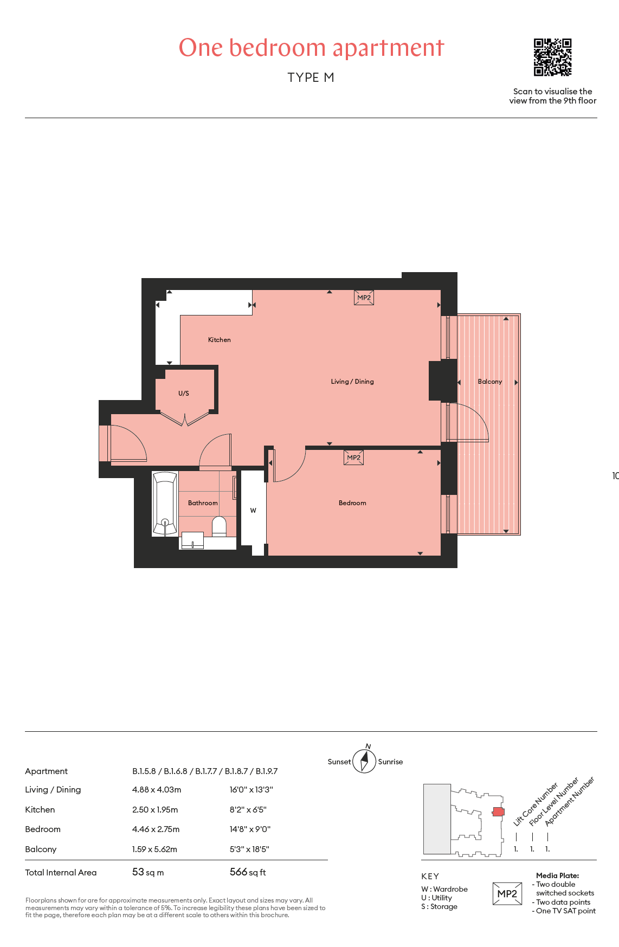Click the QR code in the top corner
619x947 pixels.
click(552, 57)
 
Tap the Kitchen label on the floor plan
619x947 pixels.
click(220, 340)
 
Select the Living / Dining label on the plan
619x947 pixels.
click(352, 382)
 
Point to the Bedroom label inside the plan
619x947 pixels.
click(352, 503)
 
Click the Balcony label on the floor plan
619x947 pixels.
click(490, 382)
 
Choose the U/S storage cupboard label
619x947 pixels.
click(184, 394)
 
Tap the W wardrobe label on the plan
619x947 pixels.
click(253, 511)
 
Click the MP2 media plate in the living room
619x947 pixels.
click(364, 298)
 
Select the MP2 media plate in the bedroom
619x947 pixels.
click(354, 458)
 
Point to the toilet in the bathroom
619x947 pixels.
click(219, 526)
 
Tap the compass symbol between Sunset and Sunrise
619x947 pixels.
click(365, 761)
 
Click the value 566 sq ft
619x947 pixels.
click(248, 872)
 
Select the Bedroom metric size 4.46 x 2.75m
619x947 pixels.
click(156, 829)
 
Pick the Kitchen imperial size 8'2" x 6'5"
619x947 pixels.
click(248, 809)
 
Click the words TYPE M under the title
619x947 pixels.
click(311, 78)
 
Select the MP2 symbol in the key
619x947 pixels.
click(507, 894)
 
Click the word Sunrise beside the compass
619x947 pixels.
click(390, 762)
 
